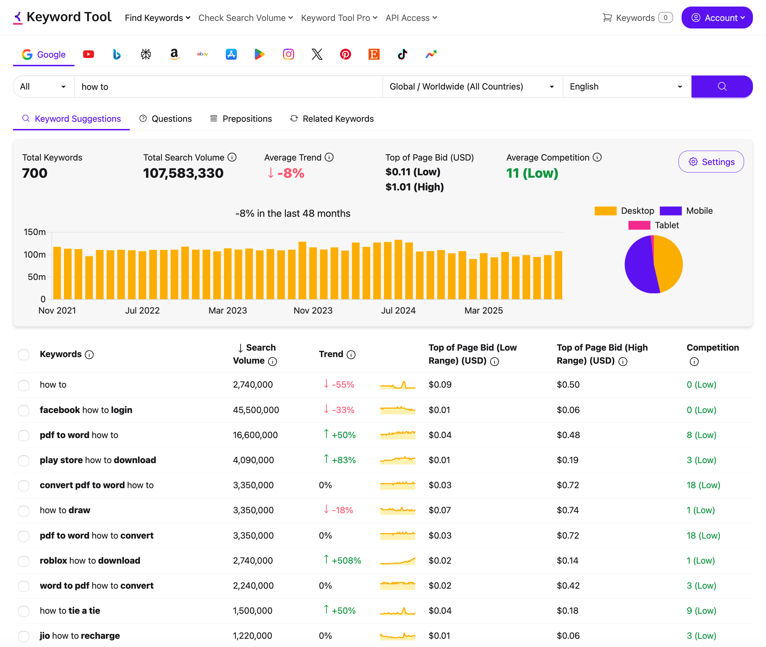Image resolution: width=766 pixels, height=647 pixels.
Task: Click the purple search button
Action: (722, 86)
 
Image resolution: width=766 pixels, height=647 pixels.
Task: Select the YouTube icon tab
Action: (89, 54)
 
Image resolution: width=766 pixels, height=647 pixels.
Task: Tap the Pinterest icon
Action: (345, 54)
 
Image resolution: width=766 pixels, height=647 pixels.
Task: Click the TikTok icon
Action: (403, 54)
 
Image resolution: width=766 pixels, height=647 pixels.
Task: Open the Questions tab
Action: (165, 119)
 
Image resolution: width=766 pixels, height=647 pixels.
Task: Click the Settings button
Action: (711, 162)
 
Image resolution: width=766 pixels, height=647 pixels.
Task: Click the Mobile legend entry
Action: (686, 211)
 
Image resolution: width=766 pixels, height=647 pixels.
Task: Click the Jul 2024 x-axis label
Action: (398, 311)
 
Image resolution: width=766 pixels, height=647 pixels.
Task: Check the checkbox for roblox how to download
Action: (24, 561)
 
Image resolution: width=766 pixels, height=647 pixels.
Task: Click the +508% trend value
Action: (346, 561)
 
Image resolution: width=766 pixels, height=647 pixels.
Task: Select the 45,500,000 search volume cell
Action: (256, 410)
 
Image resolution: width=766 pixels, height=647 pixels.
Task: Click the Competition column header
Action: (712, 348)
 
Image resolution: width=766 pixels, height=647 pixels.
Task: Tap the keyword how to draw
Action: (65, 510)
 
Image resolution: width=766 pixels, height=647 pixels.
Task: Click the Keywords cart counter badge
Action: (665, 17)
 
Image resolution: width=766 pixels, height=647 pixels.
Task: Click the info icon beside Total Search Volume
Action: (232, 157)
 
